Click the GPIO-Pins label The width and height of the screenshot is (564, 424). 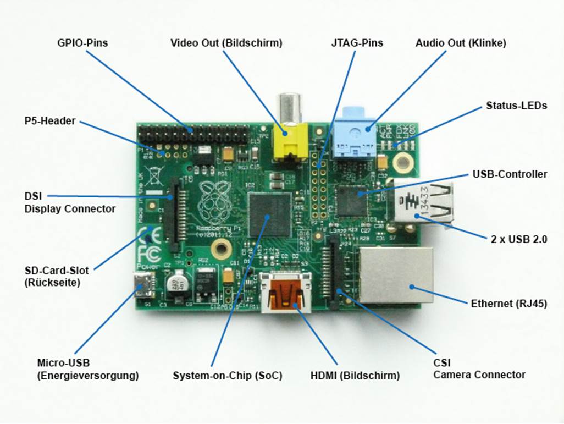pyautogui.click(x=82, y=42)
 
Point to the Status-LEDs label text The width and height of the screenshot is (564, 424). pyautogui.click(x=516, y=106)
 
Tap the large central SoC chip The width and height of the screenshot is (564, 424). pyautogui.click(x=269, y=214)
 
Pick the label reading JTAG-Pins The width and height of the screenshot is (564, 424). pyautogui.click(x=357, y=42)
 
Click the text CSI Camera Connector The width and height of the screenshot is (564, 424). pyautogui.click(x=479, y=369)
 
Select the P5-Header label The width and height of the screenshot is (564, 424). pyautogui.click(x=49, y=120)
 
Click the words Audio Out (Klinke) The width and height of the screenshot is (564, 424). pyautogui.click(x=461, y=42)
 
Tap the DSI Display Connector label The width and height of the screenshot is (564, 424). pyautogui.click(x=70, y=202)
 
